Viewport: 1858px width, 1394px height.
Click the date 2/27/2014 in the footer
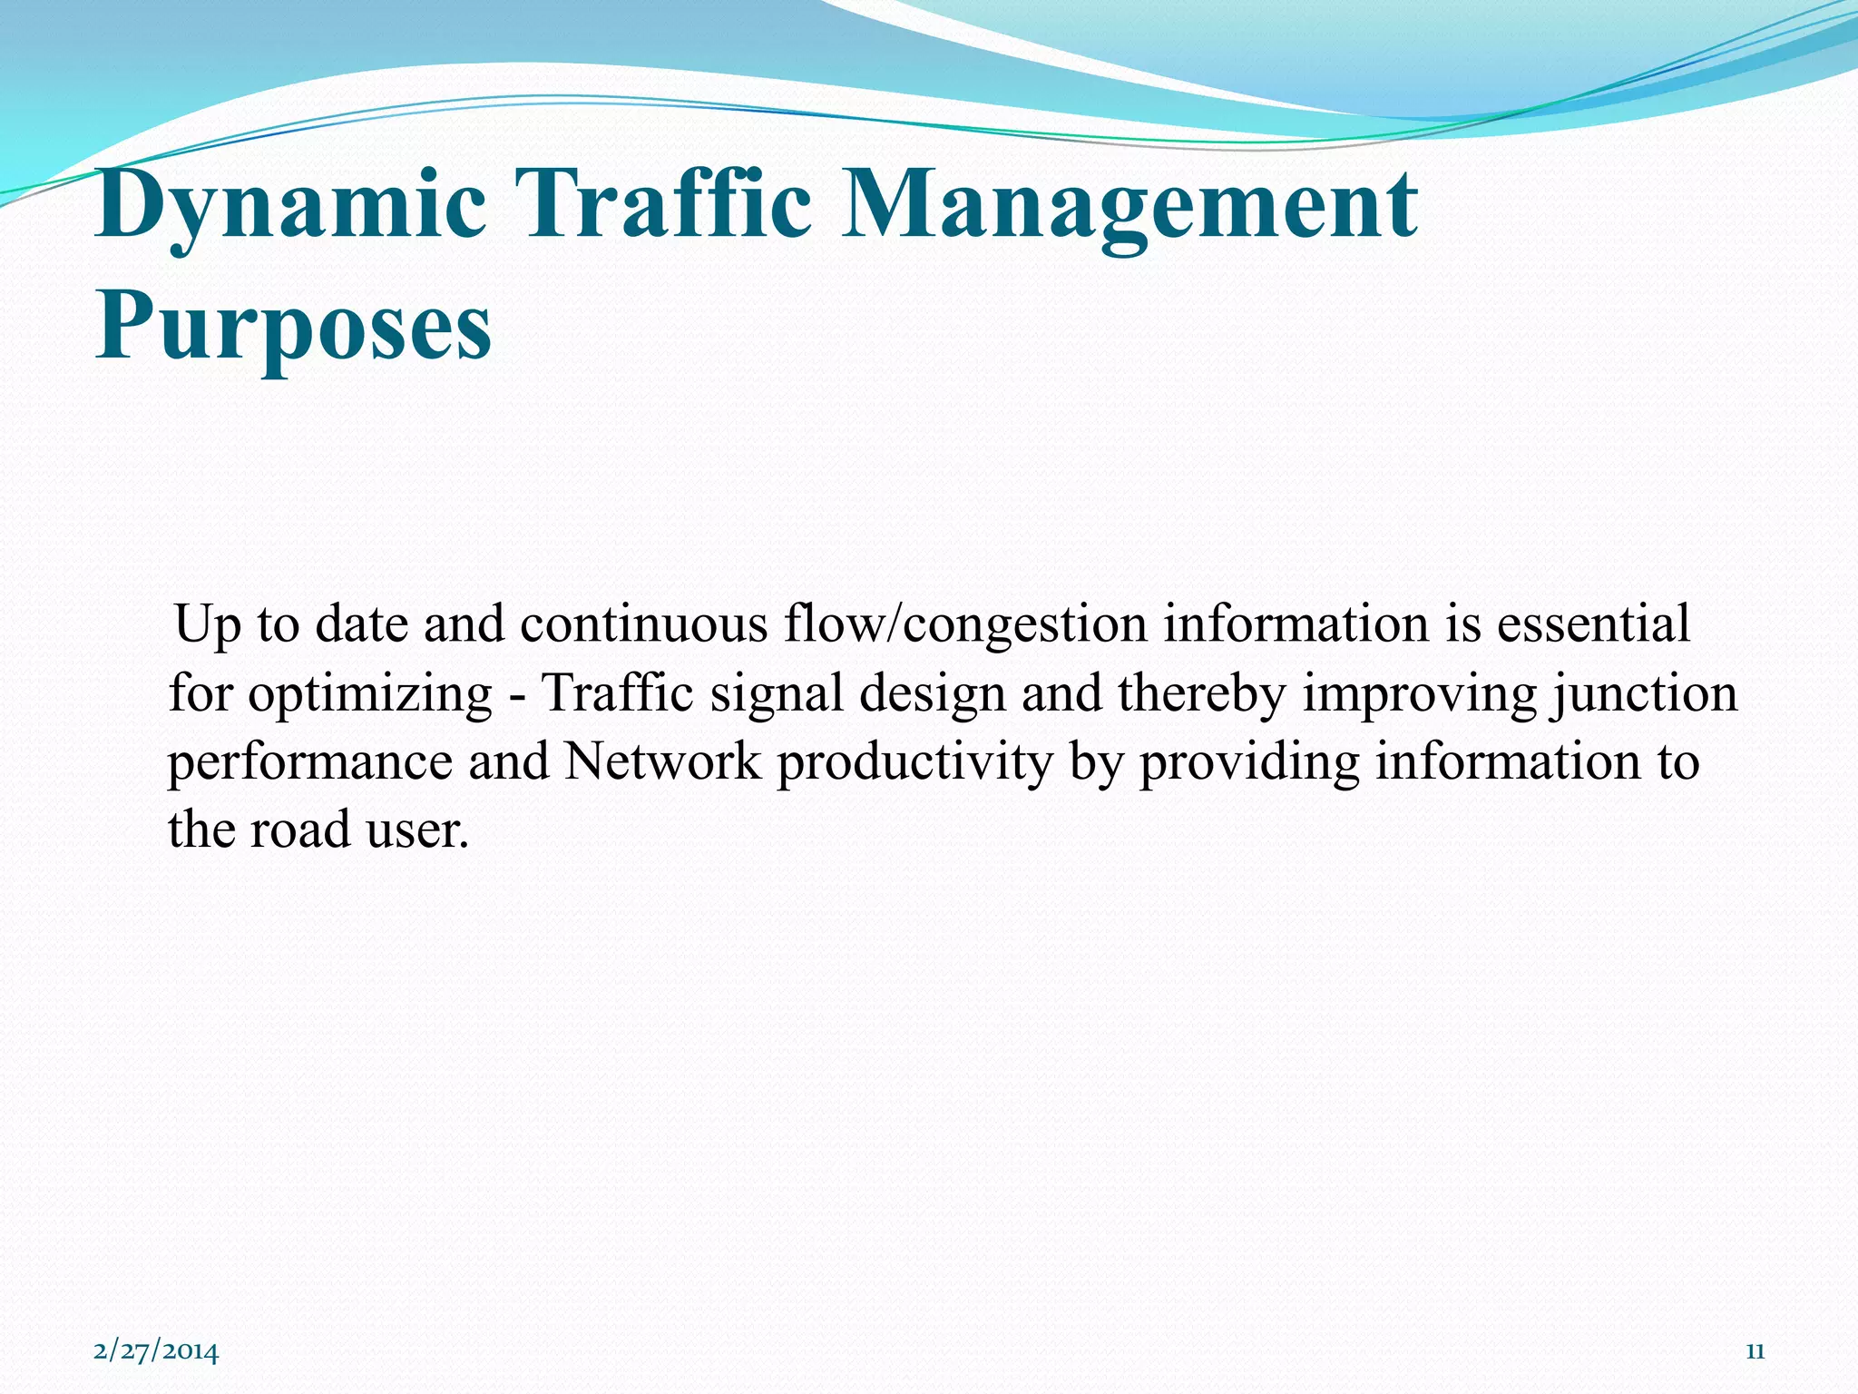(x=156, y=1351)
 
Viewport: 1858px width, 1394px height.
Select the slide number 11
(x=1755, y=1351)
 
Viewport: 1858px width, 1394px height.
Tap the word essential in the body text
(x=1593, y=624)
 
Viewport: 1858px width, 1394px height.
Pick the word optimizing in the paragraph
(x=370, y=695)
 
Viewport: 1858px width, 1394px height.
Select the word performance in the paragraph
(x=310, y=762)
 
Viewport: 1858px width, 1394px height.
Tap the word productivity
(x=914, y=762)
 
